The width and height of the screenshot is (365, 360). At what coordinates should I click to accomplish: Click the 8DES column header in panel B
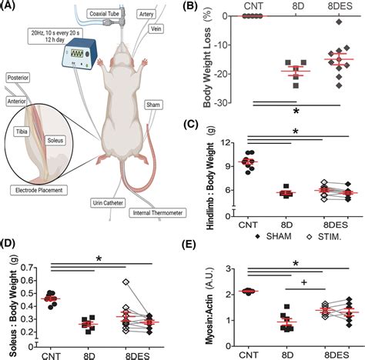[337, 7]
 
